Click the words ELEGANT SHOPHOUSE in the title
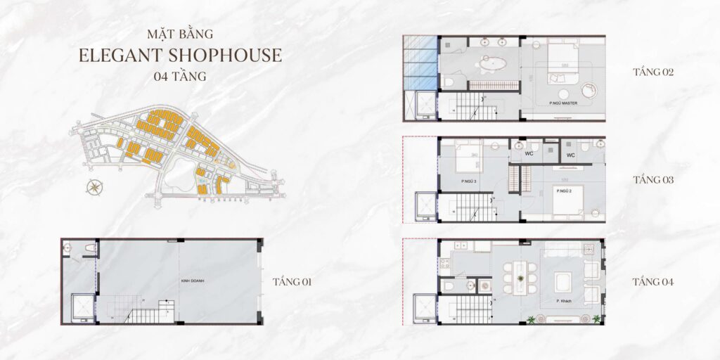point(180,56)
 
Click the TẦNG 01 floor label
point(292,282)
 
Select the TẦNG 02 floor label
point(653,72)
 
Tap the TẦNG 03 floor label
point(653,180)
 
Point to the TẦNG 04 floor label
point(653,282)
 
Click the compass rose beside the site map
point(93,187)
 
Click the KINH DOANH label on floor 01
point(192,279)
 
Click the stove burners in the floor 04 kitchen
point(444,264)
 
